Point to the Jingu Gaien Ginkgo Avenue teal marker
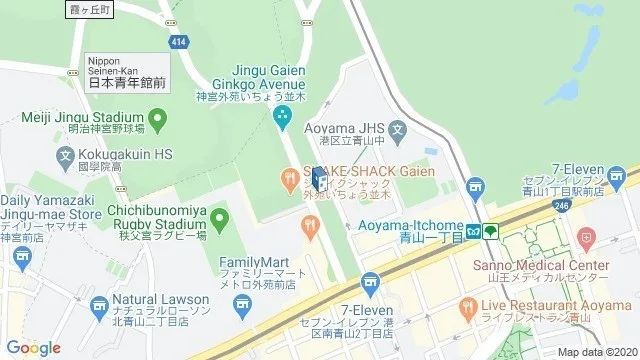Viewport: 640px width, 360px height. [282, 117]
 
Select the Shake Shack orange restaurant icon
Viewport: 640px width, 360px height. [289, 178]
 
